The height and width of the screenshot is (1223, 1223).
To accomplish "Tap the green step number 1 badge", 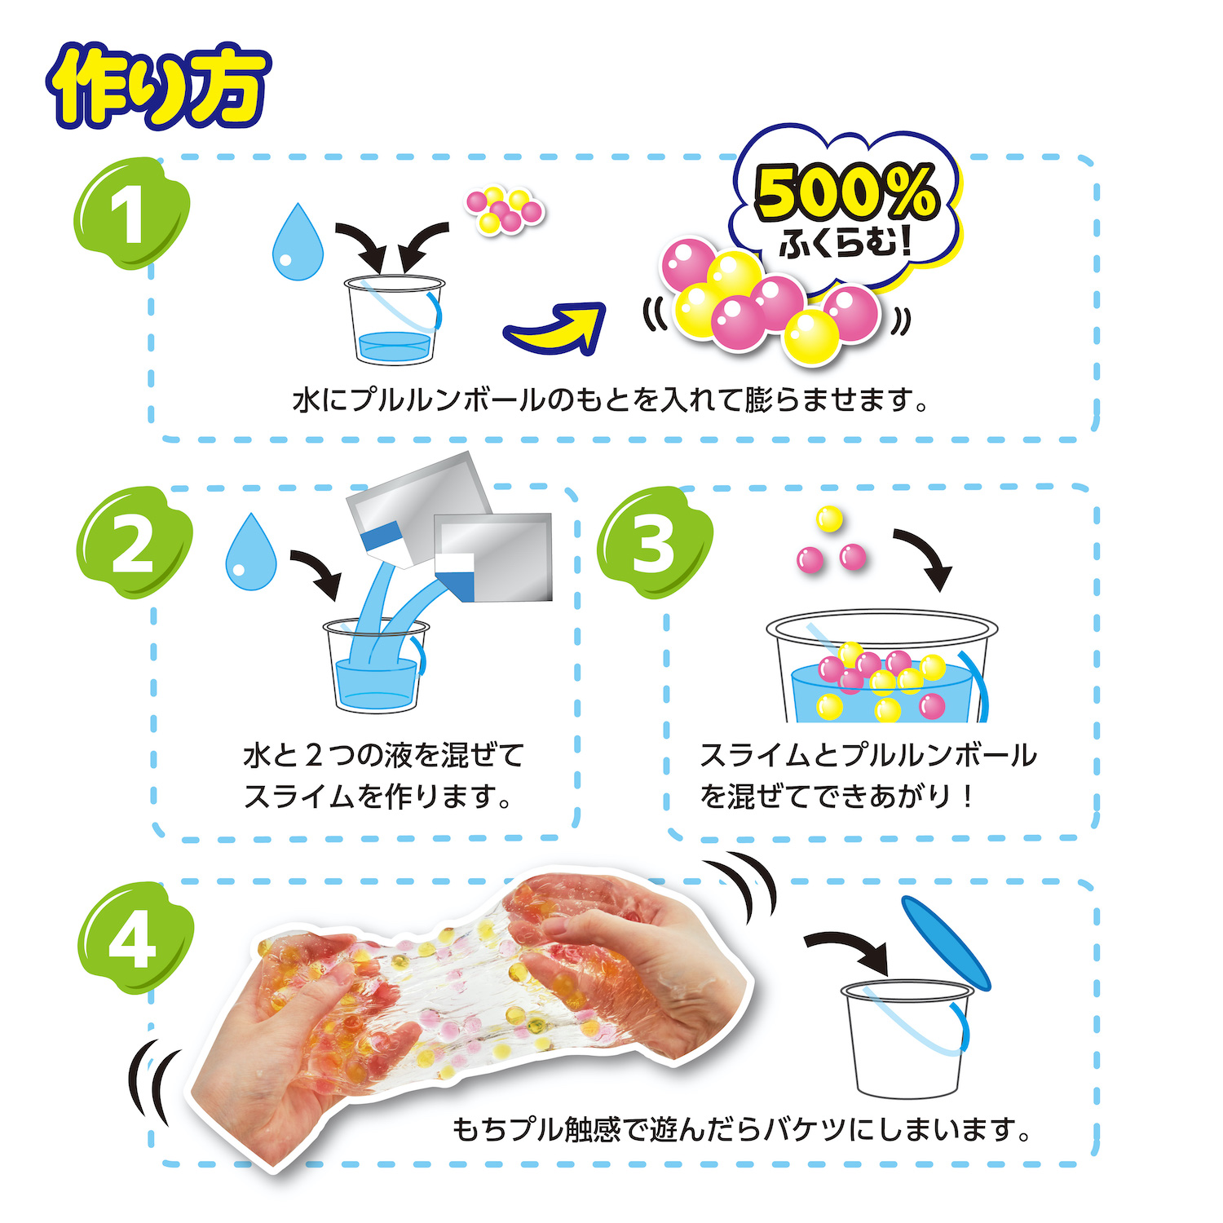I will click(130, 214).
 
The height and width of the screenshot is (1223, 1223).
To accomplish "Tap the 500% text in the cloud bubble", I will click(846, 192).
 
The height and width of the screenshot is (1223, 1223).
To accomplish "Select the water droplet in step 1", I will click(298, 242).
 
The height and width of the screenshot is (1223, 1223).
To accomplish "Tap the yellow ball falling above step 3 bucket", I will click(829, 519).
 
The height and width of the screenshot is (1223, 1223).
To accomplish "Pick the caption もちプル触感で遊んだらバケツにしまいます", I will click(742, 1130).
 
